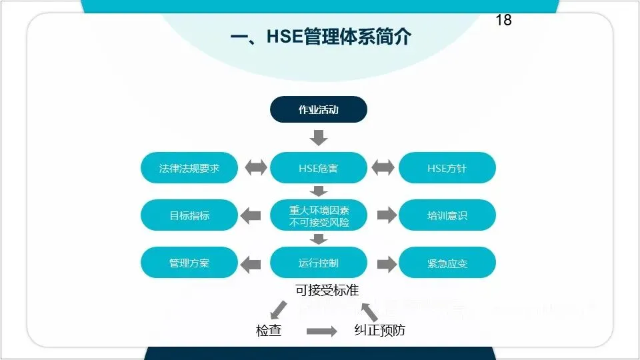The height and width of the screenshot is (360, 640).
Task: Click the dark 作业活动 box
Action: pyautogui.click(x=319, y=109)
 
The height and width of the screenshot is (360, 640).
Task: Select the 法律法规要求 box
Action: pyautogui.click(x=189, y=168)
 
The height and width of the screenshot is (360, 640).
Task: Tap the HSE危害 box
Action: pyautogui.click(x=319, y=168)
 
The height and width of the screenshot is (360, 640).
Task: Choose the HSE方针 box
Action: pyautogui.click(x=447, y=168)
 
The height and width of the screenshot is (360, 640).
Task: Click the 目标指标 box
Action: pyautogui.click(x=189, y=215)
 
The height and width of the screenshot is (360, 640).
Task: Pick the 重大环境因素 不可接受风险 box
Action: pyautogui.click(x=319, y=215)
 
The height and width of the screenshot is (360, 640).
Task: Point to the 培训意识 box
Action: pyautogui.click(x=447, y=215)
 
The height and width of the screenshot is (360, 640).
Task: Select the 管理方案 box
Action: pyautogui.click(x=189, y=263)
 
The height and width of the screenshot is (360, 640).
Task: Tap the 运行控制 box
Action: pyautogui.click(x=319, y=263)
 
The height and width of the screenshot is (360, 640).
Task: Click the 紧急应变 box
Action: pyautogui.click(x=447, y=263)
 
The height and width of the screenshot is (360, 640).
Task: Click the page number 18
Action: pyautogui.click(x=503, y=20)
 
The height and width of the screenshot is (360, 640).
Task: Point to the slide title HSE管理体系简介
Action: pyautogui.click(x=321, y=37)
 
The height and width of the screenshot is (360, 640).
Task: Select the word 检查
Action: pyautogui.click(x=269, y=330)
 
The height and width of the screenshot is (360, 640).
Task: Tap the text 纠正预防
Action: pyautogui.click(x=379, y=330)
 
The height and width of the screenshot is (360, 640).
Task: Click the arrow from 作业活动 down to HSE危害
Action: pyautogui.click(x=319, y=138)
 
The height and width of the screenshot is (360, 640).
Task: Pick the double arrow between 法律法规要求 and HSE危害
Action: pyautogui.click(x=255, y=168)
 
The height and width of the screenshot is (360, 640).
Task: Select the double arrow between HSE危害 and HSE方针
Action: pyautogui.click(x=383, y=168)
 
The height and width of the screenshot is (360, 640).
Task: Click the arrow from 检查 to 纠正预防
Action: pyautogui.click(x=321, y=331)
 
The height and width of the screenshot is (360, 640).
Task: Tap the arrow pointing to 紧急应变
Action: pyautogui.click(x=386, y=264)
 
